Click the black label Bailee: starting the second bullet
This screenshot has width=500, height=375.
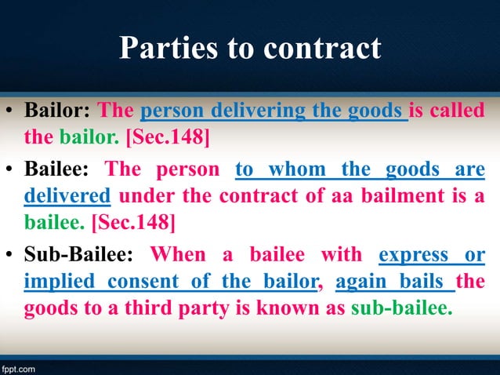(58, 169)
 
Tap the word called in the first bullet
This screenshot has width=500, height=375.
(457, 111)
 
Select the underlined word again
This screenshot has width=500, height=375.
(361, 281)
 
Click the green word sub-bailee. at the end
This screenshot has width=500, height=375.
(401, 308)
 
